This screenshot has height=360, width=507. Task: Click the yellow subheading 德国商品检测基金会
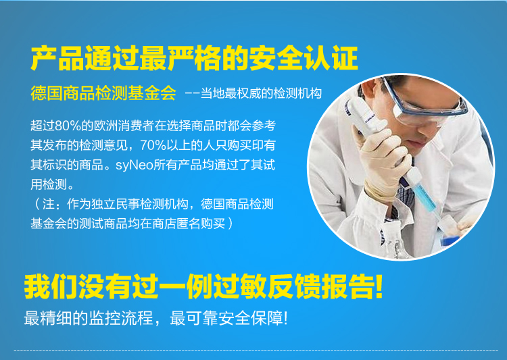point(103,93)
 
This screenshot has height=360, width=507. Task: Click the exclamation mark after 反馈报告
point(379,286)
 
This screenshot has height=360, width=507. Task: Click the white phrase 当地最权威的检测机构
point(261,93)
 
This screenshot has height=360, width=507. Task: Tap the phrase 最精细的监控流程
point(89,318)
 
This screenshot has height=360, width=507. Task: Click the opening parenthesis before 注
point(37,204)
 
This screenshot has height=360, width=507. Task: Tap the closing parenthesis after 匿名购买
point(231,224)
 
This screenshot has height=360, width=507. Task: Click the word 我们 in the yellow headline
point(51,286)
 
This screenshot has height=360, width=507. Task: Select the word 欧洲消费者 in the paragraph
point(124,126)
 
